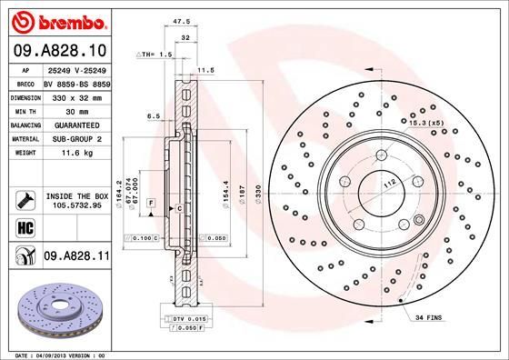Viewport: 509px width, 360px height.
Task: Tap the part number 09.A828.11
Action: click(x=75, y=260)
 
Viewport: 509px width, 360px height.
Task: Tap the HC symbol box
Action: click(x=24, y=225)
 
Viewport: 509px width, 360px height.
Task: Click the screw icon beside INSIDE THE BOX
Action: click(x=24, y=197)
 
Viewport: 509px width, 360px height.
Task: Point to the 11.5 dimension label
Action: click(x=205, y=69)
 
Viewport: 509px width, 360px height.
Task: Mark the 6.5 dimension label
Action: click(x=154, y=116)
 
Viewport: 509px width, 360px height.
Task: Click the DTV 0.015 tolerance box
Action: click(x=191, y=318)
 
